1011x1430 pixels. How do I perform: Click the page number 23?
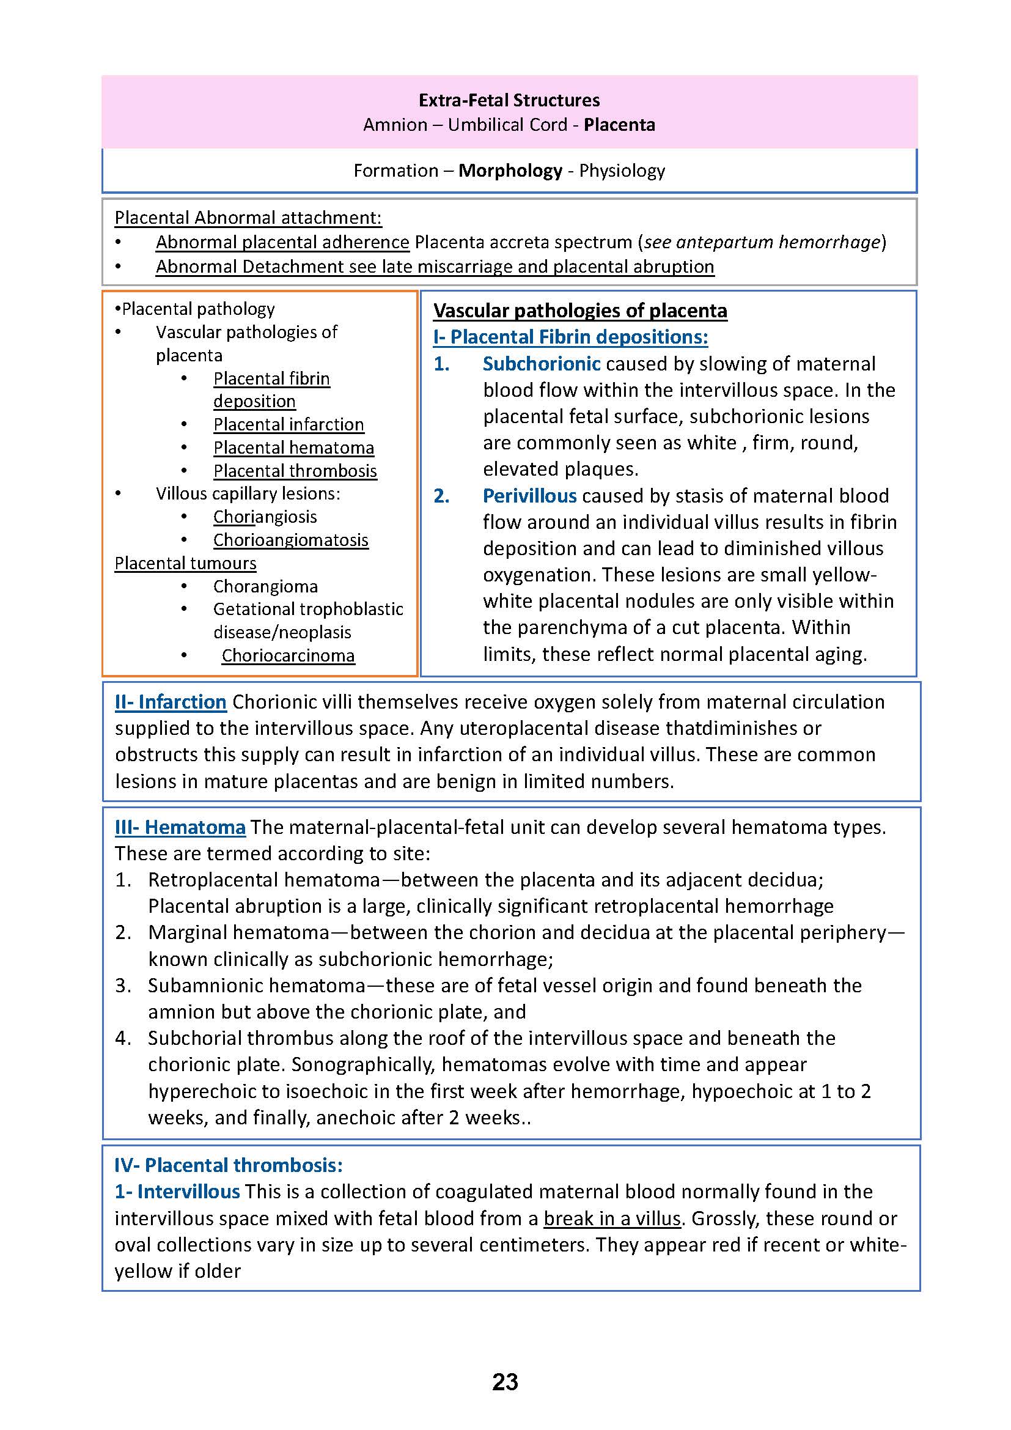pos(505,1382)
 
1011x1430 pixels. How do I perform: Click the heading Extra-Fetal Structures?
pos(509,100)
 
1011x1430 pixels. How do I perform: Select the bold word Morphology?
pos(510,171)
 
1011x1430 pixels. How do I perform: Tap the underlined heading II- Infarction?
pos(170,702)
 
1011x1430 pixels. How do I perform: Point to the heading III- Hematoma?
pos(180,827)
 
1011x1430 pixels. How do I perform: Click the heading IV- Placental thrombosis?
pos(229,1165)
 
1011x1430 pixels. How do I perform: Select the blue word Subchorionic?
pos(541,364)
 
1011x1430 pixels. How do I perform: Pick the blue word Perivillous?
pos(529,496)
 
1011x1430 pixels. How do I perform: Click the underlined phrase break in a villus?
pos(612,1218)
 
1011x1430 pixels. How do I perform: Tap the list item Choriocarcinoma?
pos(289,656)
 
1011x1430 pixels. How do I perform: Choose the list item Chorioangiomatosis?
pos(291,540)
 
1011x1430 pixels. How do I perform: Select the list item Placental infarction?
pos(289,424)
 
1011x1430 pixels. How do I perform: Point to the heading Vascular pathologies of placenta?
pos(579,310)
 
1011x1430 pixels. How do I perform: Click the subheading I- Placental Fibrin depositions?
pos(570,337)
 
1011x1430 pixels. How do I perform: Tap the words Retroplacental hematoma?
pos(264,880)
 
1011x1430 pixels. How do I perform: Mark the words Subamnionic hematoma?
pos(257,986)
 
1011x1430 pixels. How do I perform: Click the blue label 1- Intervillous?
pos(177,1192)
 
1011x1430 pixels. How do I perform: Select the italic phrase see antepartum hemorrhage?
pos(762,241)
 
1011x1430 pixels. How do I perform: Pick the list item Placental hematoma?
pos(293,448)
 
